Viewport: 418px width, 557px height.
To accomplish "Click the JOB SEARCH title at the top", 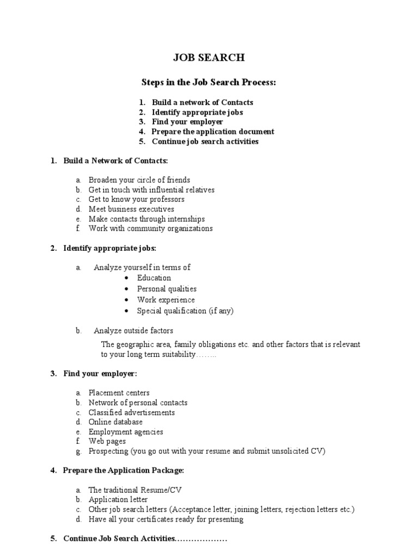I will (x=208, y=58).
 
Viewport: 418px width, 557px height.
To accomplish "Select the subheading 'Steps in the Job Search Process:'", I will (x=209, y=82).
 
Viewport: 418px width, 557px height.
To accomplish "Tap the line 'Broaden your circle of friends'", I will (x=139, y=180).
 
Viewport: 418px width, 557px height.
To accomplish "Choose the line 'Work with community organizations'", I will (x=151, y=229).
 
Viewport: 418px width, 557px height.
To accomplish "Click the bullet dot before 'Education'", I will (x=126, y=278).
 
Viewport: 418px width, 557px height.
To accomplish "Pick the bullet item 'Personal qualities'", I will (x=167, y=289).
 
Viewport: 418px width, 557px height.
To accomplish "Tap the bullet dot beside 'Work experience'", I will (x=126, y=300).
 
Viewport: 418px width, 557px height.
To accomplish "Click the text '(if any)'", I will (x=222, y=311).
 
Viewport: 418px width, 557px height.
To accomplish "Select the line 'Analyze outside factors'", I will (x=133, y=331).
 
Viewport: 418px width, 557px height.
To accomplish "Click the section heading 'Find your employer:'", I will (x=100, y=374).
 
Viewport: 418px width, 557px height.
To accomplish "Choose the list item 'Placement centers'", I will (x=119, y=393).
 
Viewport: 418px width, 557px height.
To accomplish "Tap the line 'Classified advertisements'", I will (x=132, y=412).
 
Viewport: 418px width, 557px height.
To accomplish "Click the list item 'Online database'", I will (x=116, y=422).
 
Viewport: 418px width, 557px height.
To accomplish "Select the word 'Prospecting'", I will (x=109, y=451).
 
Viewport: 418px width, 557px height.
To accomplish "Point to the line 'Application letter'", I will (x=118, y=500).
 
